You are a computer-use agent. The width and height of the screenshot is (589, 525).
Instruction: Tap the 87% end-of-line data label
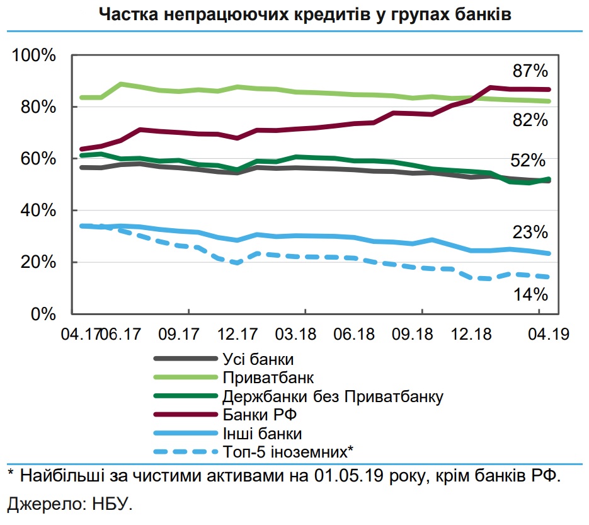click(530, 70)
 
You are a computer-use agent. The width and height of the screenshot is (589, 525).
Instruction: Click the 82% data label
click(530, 120)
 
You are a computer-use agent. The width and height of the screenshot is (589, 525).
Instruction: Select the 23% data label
click(530, 233)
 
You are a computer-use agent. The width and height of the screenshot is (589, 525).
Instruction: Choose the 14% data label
click(530, 294)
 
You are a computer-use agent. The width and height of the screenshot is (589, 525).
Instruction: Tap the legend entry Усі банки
click(258, 360)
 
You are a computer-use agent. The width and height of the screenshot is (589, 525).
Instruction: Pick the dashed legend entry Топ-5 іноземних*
click(287, 451)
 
